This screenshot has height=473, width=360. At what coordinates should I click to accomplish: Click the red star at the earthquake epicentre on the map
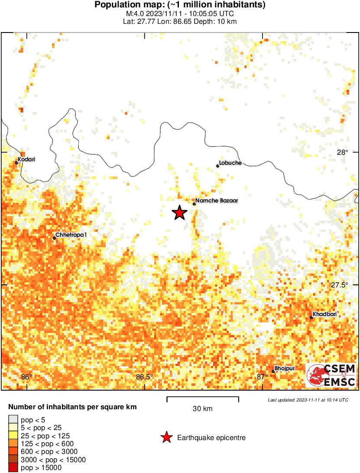[x=179, y=213]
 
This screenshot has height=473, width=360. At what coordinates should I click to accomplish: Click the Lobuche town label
[x=230, y=163]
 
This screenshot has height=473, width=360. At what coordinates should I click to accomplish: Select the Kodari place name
[x=27, y=159]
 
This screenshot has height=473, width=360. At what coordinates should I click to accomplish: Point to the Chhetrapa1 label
[x=71, y=235]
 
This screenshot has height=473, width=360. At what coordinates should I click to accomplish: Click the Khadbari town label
[x=324, y=314]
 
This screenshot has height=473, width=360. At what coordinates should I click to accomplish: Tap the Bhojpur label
[x=285, y=368]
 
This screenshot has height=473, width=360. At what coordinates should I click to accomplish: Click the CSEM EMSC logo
[x=331, y=375]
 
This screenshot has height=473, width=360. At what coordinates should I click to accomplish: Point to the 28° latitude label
[x=343, y=152]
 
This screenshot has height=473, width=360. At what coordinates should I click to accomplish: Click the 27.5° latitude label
[x=339, y=285]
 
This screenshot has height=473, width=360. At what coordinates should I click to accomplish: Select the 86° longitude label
[x=27, y=377]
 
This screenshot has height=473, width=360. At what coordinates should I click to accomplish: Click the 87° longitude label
[x=262, y=377]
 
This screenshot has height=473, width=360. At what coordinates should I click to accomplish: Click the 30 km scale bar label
[x=202, y=408]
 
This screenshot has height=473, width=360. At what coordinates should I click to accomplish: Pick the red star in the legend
[x=166, y=438]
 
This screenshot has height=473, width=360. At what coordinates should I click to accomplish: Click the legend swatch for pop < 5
[x=13, y=419]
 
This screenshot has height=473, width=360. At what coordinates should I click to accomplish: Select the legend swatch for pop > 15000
[x=13, y=467]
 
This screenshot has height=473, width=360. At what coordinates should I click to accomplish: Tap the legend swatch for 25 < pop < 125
[x=13, y=435]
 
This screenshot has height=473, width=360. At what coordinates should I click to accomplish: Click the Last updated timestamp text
[x=308, y=399]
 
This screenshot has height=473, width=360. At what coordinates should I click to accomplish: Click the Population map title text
[x=180, y=5]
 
